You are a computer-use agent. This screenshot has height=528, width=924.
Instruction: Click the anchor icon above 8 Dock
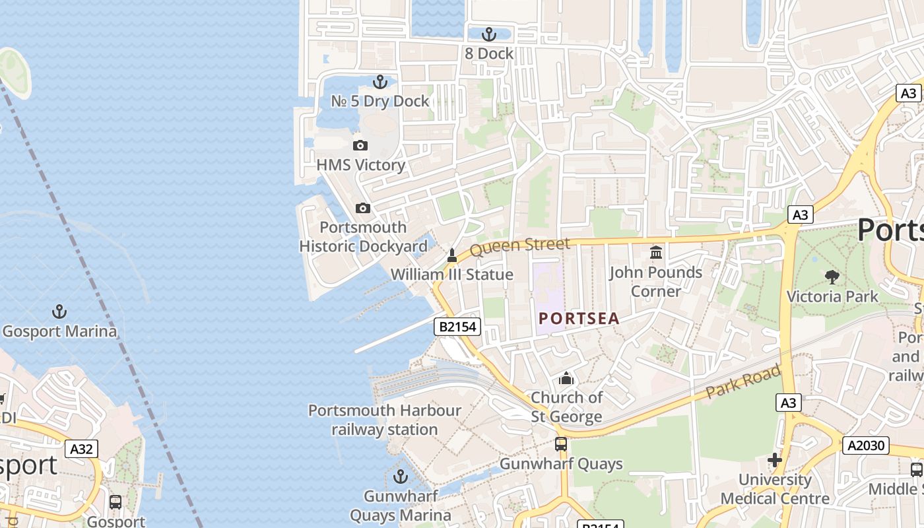click(488, 34)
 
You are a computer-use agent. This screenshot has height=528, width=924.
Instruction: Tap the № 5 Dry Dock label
click(379, 101)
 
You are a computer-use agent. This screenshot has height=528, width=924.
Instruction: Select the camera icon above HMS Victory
click(360, 145)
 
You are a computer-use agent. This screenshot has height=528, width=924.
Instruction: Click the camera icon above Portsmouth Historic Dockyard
click(362, 209)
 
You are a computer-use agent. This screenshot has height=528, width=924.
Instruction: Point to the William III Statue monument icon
click(452, 255)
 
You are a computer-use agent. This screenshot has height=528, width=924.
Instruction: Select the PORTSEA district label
click(579, 318)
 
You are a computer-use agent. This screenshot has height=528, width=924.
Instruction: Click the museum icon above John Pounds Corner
click(655, 252)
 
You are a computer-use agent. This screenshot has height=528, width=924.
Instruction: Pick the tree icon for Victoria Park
click(832, 277)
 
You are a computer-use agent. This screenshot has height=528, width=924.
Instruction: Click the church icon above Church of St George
click(566, 378)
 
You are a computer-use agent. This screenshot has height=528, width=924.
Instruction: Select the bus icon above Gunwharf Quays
click(560, 444)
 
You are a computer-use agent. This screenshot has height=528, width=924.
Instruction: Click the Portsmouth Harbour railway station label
click(385, 420)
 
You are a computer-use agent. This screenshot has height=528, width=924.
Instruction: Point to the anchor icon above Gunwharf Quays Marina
click(400, 476)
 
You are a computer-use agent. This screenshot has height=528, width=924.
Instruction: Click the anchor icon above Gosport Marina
click(59, 311)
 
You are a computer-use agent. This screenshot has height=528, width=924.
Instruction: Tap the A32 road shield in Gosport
click(81, 449)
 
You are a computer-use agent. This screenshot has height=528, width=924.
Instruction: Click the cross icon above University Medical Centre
click(775, 459)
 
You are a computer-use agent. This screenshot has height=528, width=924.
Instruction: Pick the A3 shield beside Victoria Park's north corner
click(800, 214)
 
